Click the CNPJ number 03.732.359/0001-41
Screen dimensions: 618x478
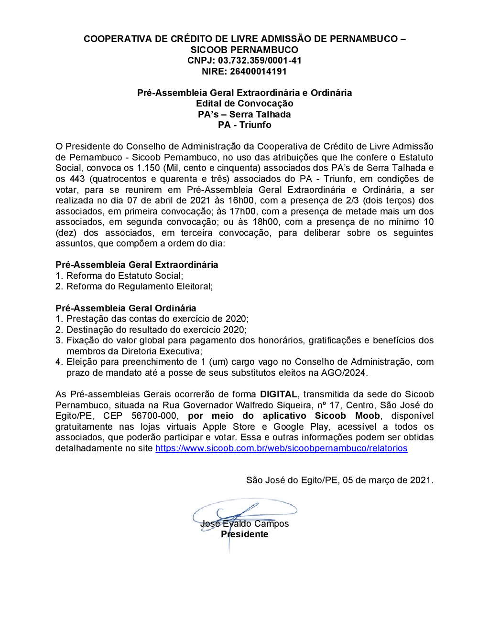(x=260, y=61)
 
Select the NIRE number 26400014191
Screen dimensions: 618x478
(x=258, y=72)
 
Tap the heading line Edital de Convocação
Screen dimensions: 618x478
(x=244, y=104)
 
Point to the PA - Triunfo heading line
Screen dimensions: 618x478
(x=244, y=125)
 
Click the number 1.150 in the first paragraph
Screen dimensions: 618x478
(x=148, y=168)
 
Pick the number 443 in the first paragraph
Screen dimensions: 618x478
(x=77, y=179)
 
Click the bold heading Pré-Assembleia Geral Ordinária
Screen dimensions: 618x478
(x=126, y=309)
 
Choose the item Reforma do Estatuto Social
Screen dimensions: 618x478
(x=124, y=276)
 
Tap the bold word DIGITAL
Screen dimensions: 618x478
(x=279, y=394)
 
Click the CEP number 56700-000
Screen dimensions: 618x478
(x=154, y=416)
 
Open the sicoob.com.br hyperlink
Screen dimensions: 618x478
(x=281, y=448)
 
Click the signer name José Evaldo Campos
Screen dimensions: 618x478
(x=244, y=524)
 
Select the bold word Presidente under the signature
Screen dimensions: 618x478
(x=244, y=534)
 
